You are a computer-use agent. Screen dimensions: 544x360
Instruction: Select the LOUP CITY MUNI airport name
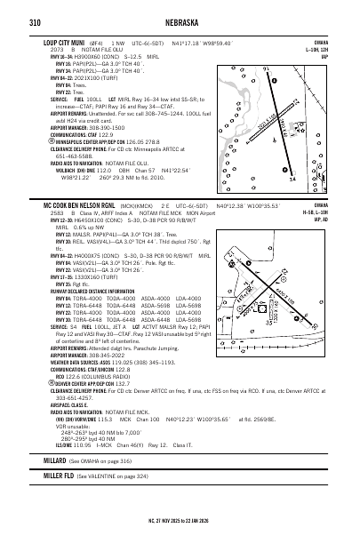tap(65, 42)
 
